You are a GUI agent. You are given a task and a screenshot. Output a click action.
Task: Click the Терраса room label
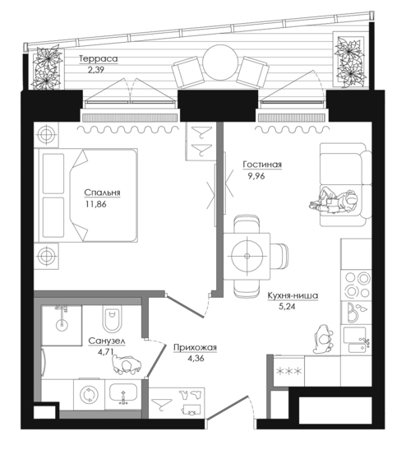click(x=99, y=59)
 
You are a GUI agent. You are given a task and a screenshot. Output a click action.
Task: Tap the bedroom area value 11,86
click(x=96, y=204)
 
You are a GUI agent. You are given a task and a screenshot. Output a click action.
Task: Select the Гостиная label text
click(x=262, y=165)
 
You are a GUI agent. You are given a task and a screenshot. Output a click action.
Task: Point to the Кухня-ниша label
click(x=293, y=295)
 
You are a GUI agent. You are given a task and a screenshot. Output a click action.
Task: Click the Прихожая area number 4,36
click(x=196, y=359)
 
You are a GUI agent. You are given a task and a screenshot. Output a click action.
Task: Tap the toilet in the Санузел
click(x=112, y=318)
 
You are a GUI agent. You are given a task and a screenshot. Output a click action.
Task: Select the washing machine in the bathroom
click(x=89, y=394)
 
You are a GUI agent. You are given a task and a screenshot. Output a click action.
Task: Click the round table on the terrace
click(x=220, y=63)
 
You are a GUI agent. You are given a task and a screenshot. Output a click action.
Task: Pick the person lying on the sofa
click(x=334, y=200)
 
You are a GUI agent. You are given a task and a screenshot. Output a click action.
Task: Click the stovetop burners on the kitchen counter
click(x=357, y=285)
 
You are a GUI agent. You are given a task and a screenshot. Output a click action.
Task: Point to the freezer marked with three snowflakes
click(x=288, y=371)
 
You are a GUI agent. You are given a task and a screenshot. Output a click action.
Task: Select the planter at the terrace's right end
click(x=351, y=59)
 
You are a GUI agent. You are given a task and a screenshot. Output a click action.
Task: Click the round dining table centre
click(x=247, y=256)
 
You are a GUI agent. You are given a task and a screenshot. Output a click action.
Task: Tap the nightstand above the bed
click(x=46, y=135)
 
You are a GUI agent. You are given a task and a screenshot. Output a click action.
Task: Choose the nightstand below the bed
click(x=46, y=256)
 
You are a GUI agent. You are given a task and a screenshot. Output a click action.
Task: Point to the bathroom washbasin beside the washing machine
click(x=123, y=394)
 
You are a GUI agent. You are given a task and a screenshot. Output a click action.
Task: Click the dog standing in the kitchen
click(x=323, y=340)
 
